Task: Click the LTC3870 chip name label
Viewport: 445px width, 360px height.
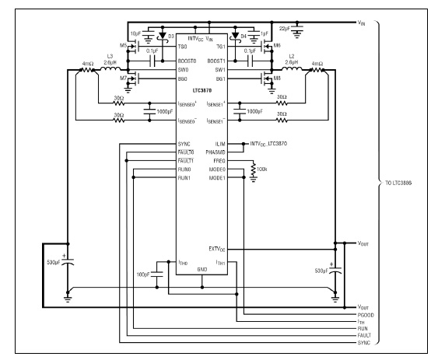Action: click(x=202, y=91)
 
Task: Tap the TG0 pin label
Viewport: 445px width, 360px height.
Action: click(x=183, y=47)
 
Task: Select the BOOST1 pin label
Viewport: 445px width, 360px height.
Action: click(x=216, y=61)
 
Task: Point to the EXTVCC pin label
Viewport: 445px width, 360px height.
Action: click(x=217, y=250)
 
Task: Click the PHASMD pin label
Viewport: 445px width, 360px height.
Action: click(x=215, y=152)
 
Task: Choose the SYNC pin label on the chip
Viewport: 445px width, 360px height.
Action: click(x=184, y=144)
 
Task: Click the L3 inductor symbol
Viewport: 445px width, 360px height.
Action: click(x=110, y=68)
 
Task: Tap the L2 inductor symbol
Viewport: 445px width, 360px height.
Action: click(x=292, y=68)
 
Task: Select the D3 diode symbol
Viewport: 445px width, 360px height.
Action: click(x=163, y=36)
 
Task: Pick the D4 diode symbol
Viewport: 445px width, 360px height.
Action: click(x=235, y=36)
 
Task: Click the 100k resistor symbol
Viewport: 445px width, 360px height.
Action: click(x=253, y=169)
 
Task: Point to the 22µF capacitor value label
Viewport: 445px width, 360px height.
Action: click(x=285, y=29)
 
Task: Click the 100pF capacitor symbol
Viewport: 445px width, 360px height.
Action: click(x=157, y=274)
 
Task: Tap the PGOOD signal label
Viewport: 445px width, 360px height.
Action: click(x=366, y=315)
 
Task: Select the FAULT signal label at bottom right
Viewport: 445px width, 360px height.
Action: click(x=364, y=335)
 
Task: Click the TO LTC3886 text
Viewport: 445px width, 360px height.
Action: click(x=398, y=183)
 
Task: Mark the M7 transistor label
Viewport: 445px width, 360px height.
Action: click(x=123, y=78)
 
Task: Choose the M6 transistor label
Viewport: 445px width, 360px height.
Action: click(x=277, y=45)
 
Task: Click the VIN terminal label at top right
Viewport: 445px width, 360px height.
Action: click(x=361, y=23)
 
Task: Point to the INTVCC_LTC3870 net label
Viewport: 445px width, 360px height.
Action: click(x=268, y=144)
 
